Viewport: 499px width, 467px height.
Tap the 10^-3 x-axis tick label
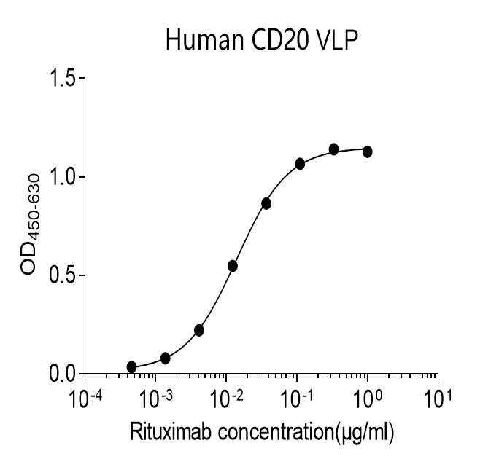click(155, 400)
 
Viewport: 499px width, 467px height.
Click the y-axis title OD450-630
click(31, 226)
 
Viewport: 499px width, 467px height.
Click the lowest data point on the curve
click(131, 366)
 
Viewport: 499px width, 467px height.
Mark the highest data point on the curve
click(333, 149)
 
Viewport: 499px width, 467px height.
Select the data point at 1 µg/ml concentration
click(367, 152)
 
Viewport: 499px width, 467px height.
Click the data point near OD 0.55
click(233, 266)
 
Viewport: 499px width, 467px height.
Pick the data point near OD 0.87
click(266, 203)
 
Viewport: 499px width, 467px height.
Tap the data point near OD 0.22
click(199, 330)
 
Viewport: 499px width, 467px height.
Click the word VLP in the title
click(336, 41)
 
